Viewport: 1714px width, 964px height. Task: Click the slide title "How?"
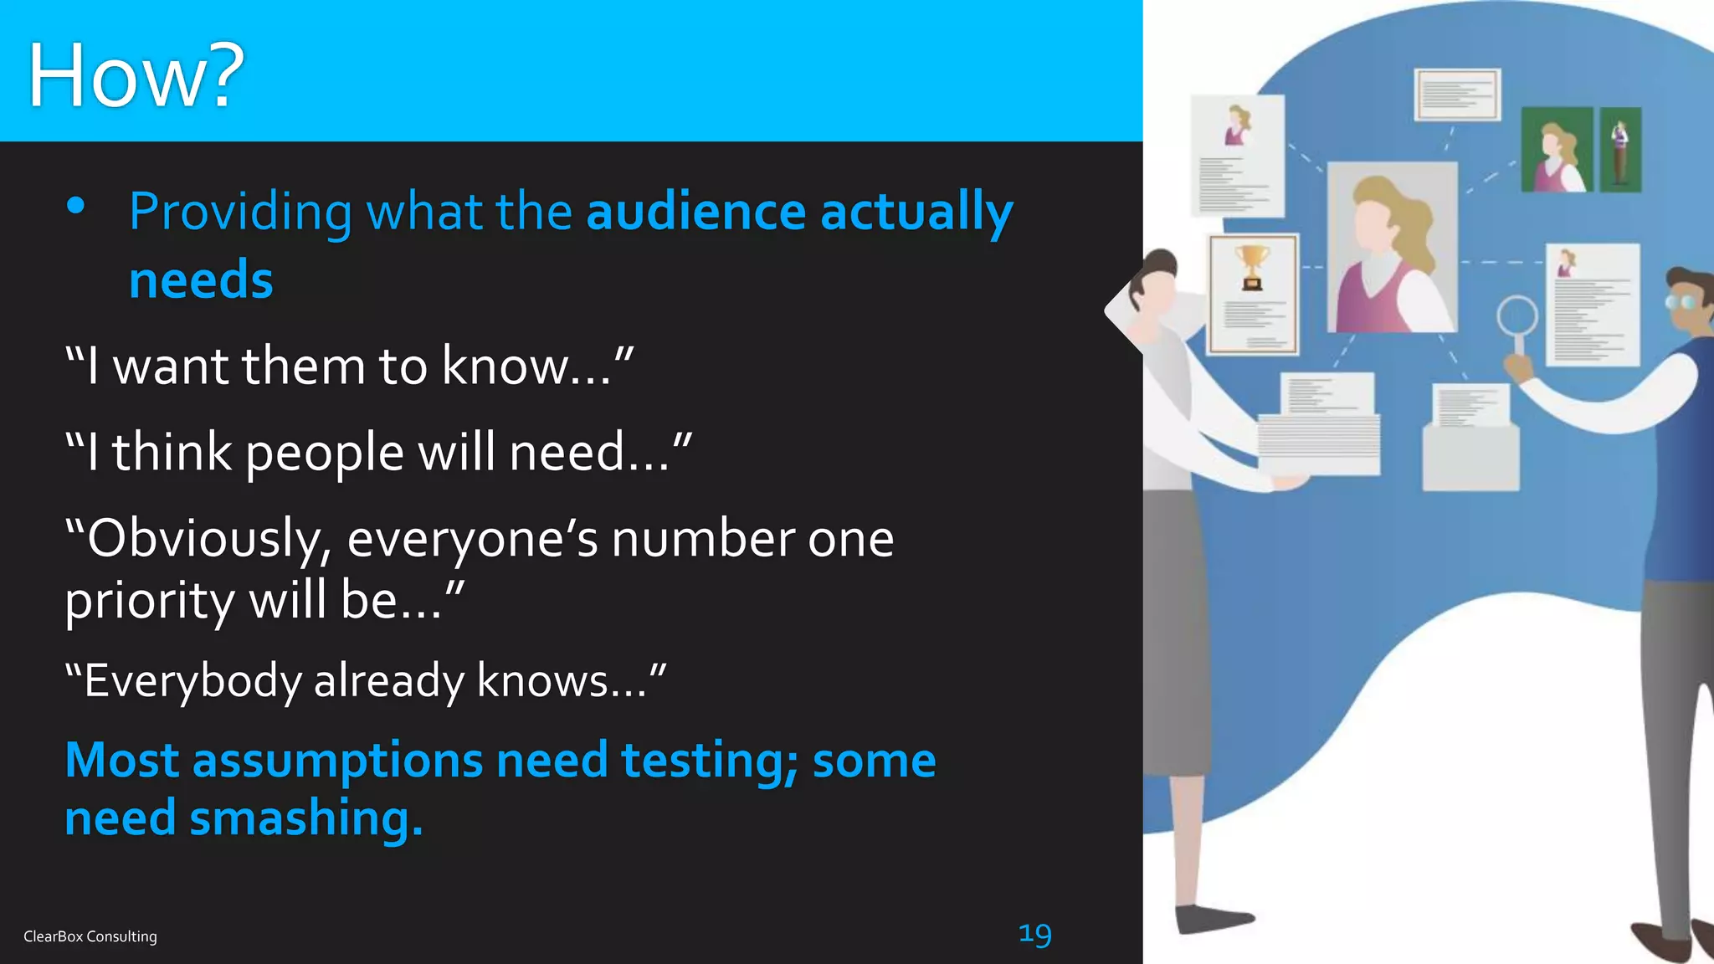click(136, 75)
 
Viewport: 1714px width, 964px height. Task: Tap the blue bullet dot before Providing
click(76, 206)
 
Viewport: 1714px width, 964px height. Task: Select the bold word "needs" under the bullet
click(201, 279)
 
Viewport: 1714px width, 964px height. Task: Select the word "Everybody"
click(192, 680)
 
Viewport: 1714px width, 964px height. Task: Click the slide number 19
click(1034, 934)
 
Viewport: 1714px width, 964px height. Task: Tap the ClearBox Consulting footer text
click(90, 936)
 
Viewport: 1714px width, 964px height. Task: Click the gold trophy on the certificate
click(1252, 266)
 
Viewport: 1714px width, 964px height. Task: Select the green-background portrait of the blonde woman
click(1556, 150)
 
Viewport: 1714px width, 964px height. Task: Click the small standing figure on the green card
click(1620, 151)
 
